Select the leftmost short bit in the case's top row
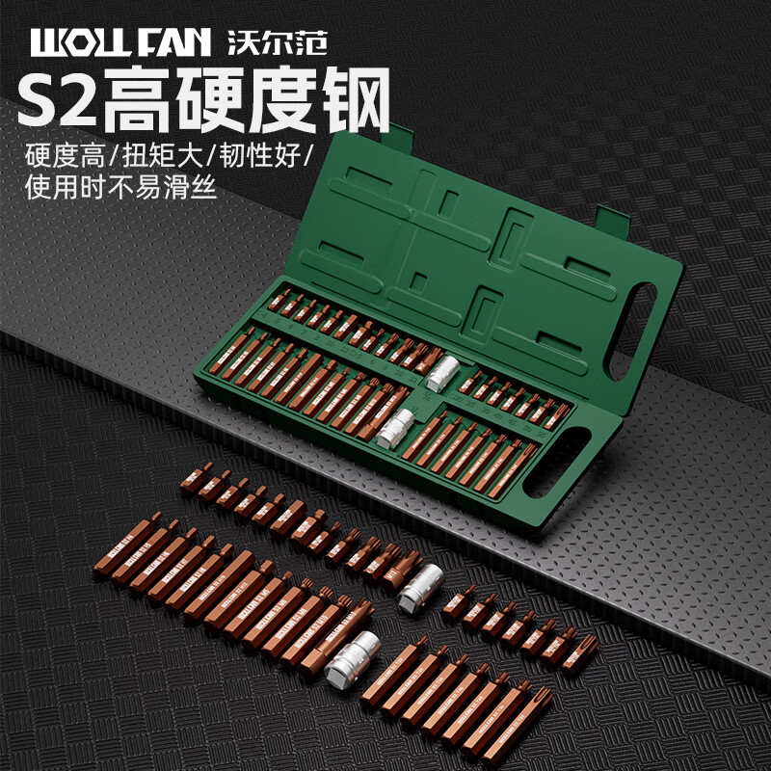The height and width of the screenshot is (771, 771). pos(277,301)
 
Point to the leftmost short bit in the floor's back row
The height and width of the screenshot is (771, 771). pos(195,476)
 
